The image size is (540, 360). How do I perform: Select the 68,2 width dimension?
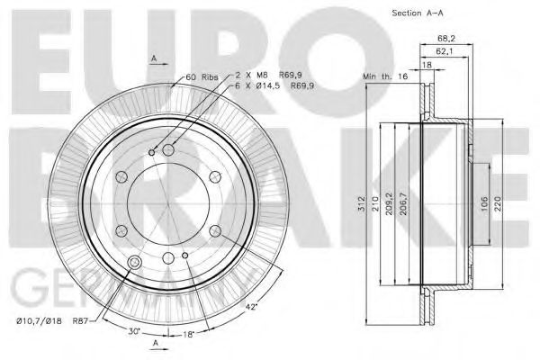[x=445, y=39]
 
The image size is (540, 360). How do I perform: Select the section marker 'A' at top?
[x=155, y=56]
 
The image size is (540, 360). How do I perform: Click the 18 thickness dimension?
[x=427, y=65]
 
